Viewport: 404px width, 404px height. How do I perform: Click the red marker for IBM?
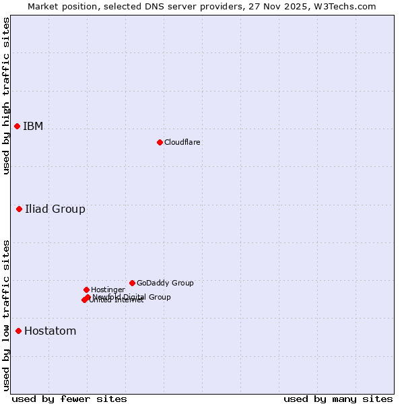click(x=17, y=127)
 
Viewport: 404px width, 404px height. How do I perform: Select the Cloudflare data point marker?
click(x=160, y=142)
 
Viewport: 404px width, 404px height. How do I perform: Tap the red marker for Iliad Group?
click(x=19, y=209)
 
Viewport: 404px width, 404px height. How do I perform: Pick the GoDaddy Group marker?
click(x=132, y=283)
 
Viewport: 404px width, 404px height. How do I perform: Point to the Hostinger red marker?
click(x=86, y=290)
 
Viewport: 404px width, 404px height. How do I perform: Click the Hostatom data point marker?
click(x=18, y=331)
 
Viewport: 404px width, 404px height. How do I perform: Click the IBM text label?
click(x=33, y=127)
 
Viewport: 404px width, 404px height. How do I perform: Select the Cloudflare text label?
click(x=182, y=143)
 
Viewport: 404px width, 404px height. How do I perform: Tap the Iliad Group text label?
click(x=55, y=209)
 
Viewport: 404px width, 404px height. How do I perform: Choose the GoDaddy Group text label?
click(x=165, y=283)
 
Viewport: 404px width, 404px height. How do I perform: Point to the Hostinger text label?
click(x=108, y=290)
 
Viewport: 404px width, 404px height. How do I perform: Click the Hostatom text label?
click(x=50, y=331)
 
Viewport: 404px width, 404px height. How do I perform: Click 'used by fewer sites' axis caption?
click(x=69, y=399)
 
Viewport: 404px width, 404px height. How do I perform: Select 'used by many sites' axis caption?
click(x=338, y=399)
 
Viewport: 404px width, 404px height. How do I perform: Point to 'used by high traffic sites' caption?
click(x=6, y=96)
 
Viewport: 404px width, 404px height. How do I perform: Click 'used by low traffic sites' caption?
click(x=6, y=315)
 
